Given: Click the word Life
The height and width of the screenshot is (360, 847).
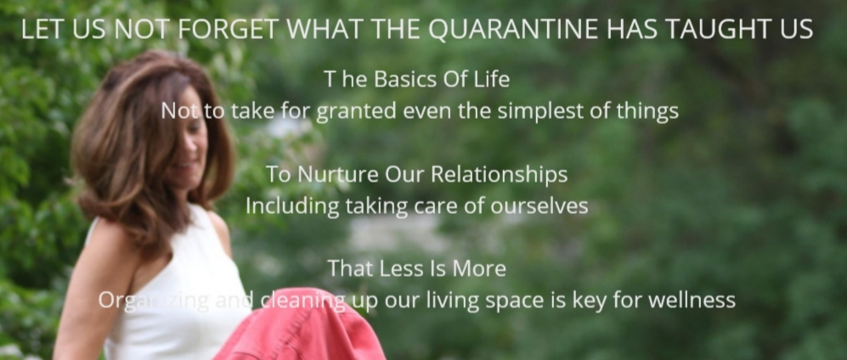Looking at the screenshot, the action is (x=492, y=79).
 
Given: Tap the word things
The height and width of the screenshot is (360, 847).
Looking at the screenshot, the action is (x=647, y=112).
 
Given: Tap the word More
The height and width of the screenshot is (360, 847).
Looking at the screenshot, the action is (x=479, y=268).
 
